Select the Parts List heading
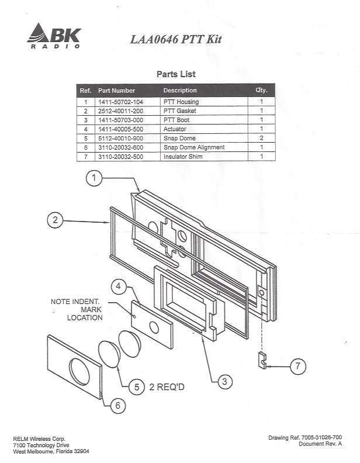tap(176, 74)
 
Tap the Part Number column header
tap(116, 91)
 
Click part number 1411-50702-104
tap(120, 102)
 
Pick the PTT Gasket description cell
tap(179, 111)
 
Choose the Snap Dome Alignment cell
tap(193, 147)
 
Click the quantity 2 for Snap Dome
tap(261, 138)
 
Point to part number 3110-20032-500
tap(120, 157)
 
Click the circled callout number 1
tap(95, 178)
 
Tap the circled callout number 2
tap(55, 220)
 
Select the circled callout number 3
tap(224, 382)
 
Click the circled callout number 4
tap(119, 286)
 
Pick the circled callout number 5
tap(136, 386)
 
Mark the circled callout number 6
tap(118, 405)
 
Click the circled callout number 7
tap(297, 367)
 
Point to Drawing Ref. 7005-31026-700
tap(306, 437)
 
